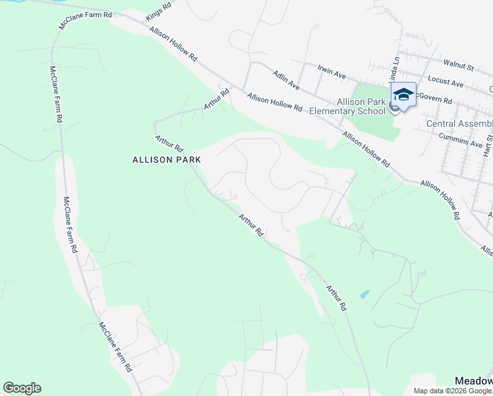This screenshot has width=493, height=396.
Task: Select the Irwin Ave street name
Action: pos(332,72)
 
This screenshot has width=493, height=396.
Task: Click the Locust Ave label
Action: pos(446,81)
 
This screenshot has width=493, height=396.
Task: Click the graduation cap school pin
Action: pos(403,94)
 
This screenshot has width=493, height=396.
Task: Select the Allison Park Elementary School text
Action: pos(361,106)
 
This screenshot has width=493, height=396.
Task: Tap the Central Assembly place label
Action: pos(459,124)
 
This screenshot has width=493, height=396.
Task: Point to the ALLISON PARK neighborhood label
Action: pos(166,160)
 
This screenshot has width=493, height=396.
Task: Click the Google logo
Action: pos(22,387)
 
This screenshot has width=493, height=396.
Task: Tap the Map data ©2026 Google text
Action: pos(453,391)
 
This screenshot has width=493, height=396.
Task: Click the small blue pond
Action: pos(364,294)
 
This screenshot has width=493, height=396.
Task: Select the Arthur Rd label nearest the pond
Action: pos(335,298)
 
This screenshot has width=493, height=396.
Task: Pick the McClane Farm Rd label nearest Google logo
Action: pos(116,346)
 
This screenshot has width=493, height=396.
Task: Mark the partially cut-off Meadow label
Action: pos(474,381)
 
